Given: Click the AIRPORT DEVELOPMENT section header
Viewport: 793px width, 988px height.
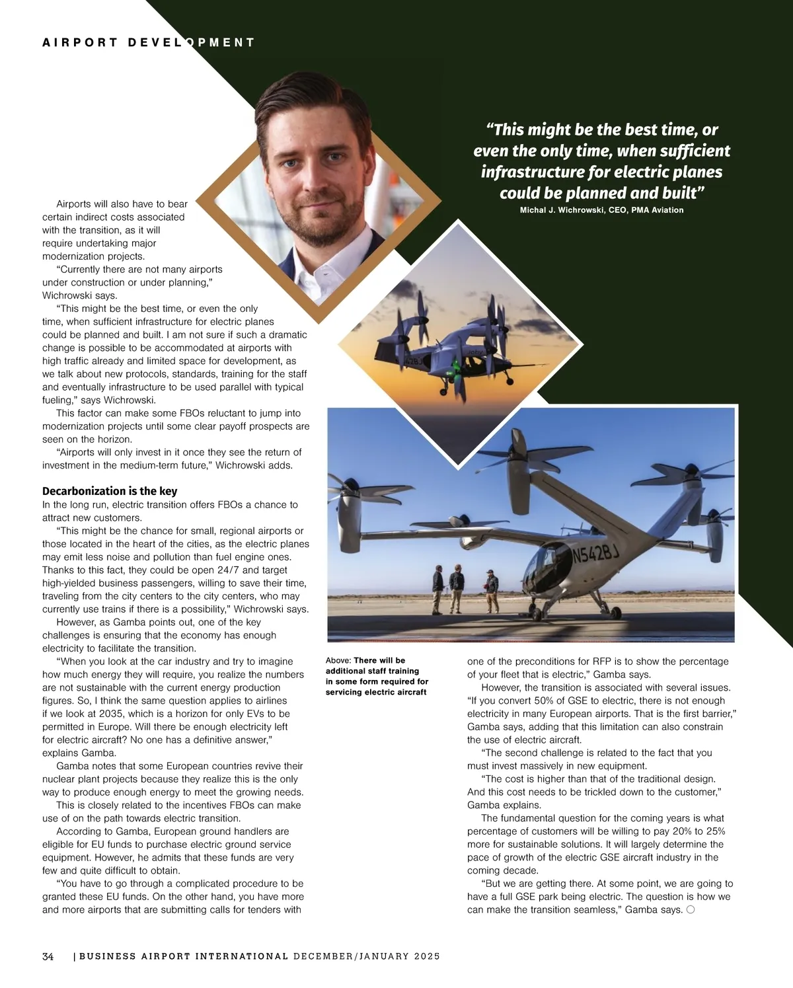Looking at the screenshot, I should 148,42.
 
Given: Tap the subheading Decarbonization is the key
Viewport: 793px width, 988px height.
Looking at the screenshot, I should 110,491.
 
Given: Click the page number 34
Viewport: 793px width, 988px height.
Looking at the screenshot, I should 48,956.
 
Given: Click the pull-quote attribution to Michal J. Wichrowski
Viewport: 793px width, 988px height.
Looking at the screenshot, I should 601,210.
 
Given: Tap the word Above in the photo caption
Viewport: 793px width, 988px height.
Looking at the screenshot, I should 338,660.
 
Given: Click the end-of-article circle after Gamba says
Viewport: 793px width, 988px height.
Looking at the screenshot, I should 691,909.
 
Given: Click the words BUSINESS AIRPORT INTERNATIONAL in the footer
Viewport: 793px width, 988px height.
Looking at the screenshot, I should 184,956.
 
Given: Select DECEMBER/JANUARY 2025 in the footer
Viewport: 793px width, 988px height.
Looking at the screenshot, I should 367,956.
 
